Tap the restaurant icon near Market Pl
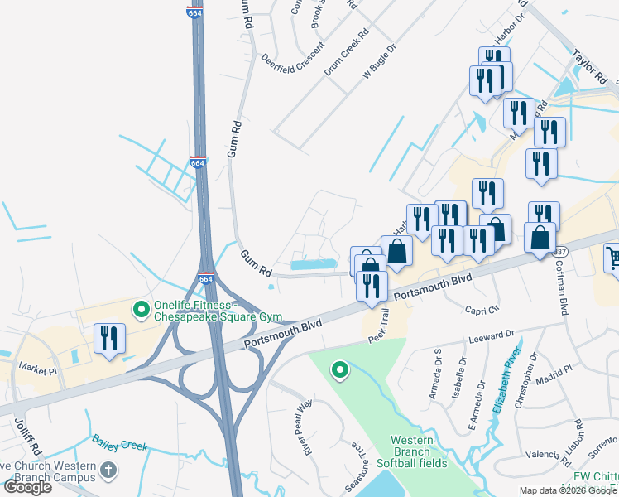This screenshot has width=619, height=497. pyautogui.click(x=109, y=339)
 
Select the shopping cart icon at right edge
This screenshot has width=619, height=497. pyautogui.click(x=613, y=259)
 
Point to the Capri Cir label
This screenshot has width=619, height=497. pyautogui.click(x=482, y=308)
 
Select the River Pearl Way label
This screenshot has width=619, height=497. pyautogui.click(x=306, y=427)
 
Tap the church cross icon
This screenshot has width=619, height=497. pyautogui.click(x=107, y=471)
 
